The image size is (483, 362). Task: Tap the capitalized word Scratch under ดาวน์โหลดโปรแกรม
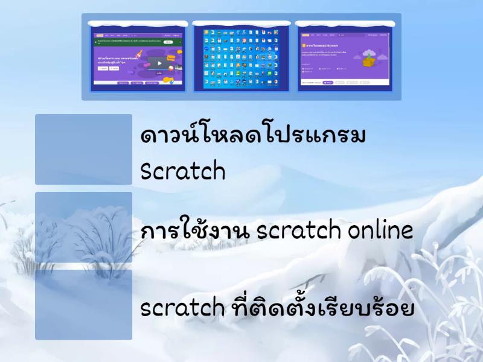point(182,171)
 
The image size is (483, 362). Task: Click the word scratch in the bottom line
point(182,308)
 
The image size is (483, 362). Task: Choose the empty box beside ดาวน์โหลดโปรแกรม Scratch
point(83,149)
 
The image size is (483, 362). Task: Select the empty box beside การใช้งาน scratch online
point(83,227)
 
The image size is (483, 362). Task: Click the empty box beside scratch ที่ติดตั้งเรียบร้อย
point(83,305)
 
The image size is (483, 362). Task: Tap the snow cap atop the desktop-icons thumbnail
point(240,24)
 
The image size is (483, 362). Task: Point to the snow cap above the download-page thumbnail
point(344,24)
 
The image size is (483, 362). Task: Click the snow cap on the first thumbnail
point(138,24)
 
